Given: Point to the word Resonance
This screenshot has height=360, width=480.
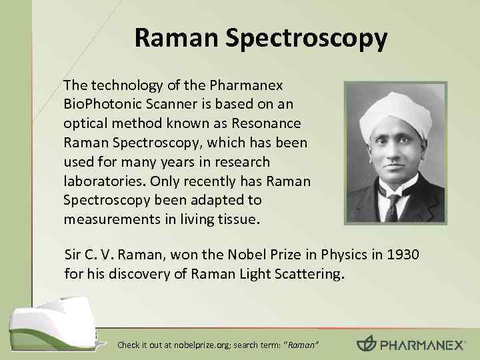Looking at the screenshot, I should (x=267, y=124).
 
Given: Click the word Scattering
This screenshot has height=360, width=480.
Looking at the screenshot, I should (x=308, y=273).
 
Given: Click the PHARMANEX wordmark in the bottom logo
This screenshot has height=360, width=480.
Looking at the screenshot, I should (x=420, y=344).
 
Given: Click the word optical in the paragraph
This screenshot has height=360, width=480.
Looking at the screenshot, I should (x=83, y=124).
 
